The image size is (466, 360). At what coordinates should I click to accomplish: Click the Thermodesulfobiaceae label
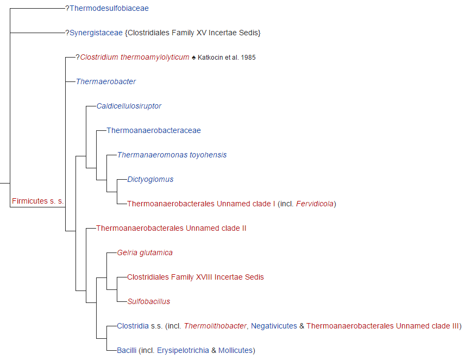click(109, 8)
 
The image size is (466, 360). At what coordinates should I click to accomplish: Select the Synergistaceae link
click(96, 33)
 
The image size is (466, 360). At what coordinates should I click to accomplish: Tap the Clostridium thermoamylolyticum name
click(135, 57)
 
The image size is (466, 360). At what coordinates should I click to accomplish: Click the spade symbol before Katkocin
click(194, 57)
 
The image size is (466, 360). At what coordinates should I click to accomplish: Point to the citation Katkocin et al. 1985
click(226, 57)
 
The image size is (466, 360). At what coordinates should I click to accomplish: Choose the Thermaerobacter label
click(106, 81)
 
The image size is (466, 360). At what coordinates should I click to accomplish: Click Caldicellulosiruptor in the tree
click(129, 106)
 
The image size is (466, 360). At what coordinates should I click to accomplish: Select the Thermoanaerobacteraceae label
click(154, 130)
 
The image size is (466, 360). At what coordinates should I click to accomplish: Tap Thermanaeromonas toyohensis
click(172, 155)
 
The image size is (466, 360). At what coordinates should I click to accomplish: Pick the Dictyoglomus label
click(150, 179)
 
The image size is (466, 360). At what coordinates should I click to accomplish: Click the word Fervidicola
click(315, 204)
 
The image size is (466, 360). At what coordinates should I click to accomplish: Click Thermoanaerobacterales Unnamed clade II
click(171, 228)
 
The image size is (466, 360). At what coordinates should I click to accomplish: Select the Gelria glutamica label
click(145, 252)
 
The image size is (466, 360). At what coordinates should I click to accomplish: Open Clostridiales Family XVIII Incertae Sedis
click(196, 277)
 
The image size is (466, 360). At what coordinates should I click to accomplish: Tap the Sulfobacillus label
click(149, 301)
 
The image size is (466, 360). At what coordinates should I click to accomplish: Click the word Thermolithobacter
click(215, 326)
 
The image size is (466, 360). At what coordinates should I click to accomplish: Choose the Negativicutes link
click(274, 326)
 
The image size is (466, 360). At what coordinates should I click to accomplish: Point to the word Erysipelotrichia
click(182, 350)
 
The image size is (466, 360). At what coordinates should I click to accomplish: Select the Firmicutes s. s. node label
click(37, 201)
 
